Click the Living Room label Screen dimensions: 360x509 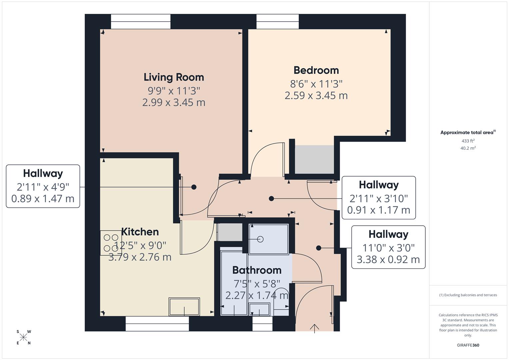click(x=174, y=77)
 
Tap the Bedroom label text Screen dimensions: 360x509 click(x=316, y=70)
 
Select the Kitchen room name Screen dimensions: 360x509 click(x=140, y=232)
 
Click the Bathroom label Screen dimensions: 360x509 click(x=257, y=270)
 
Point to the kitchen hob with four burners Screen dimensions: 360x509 click(x=111, y=243)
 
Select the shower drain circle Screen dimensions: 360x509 click(x=260, y=239)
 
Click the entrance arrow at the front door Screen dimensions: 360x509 click(x=314, y=328)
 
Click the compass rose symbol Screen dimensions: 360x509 click(x=23, y=337)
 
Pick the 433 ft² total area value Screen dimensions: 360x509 click(x=468, y=141)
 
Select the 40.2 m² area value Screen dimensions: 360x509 click(x=468, y=148)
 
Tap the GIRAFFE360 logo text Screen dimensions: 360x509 click(x=468, y=345)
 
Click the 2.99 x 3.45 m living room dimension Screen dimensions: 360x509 click(x=174, y=102)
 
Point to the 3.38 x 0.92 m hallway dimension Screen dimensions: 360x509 click(x=388, y=260)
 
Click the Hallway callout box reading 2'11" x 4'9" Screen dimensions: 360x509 click(x=43, y=186)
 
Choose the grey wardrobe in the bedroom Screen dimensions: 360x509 click(x=314, y=159)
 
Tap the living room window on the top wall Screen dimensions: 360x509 click(x=141, y=22)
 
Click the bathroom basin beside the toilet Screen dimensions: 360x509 click(x=260, y=309)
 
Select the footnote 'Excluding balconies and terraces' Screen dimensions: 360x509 click(x=468, y=295)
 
